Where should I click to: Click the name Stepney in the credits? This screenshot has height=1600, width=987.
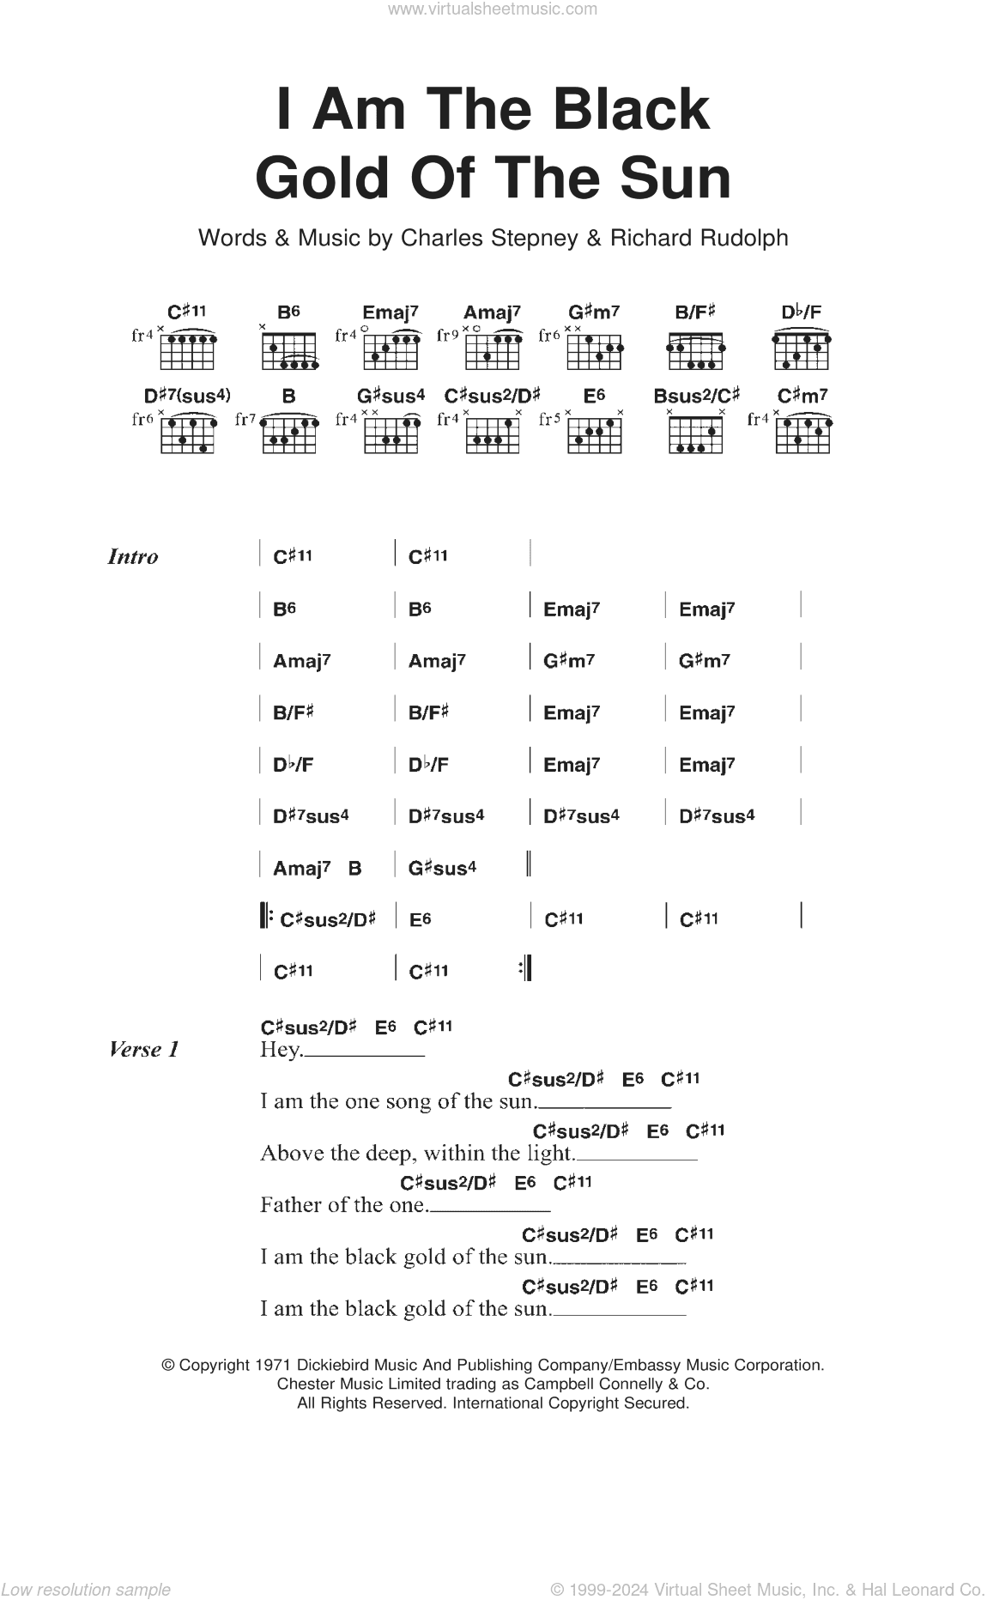[532, 238]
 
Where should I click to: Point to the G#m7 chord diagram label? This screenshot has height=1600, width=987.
[594, 312]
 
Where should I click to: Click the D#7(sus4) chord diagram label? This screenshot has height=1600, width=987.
[187, 396]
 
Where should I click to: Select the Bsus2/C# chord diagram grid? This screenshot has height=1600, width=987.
[695, 433]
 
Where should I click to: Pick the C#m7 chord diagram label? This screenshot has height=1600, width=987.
[802, 396]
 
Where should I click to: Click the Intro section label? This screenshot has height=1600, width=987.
[133, 556]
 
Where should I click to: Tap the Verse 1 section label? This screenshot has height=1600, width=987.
[144, 1049]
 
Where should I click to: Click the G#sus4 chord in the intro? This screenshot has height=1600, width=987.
[442, 868]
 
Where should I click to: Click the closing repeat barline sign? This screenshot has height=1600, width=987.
[525, 968]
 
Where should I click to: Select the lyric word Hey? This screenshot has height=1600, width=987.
[281, 1050]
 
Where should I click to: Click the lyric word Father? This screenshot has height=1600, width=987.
[290, 1204]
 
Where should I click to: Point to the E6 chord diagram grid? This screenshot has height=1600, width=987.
[594, 433]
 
